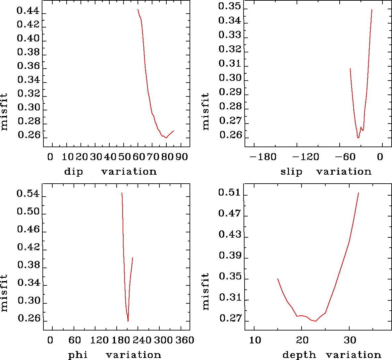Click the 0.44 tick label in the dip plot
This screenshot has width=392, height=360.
28,11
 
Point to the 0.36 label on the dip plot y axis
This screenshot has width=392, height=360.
28,66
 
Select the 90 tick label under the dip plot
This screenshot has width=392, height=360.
181,156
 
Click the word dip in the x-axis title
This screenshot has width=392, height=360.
73,172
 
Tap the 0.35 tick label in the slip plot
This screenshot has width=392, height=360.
230,6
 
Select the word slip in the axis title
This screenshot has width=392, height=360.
291,172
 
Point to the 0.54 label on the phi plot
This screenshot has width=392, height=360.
28,194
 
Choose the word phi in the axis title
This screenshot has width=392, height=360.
78,355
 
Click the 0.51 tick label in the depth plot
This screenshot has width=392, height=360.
230,193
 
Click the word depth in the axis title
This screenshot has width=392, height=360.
299,355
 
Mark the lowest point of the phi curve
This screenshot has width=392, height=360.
128,321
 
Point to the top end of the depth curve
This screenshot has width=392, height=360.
359,193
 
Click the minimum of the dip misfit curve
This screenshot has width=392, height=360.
166,138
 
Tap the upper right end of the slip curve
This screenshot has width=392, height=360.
372,10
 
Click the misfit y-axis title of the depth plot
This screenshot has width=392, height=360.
206,292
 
